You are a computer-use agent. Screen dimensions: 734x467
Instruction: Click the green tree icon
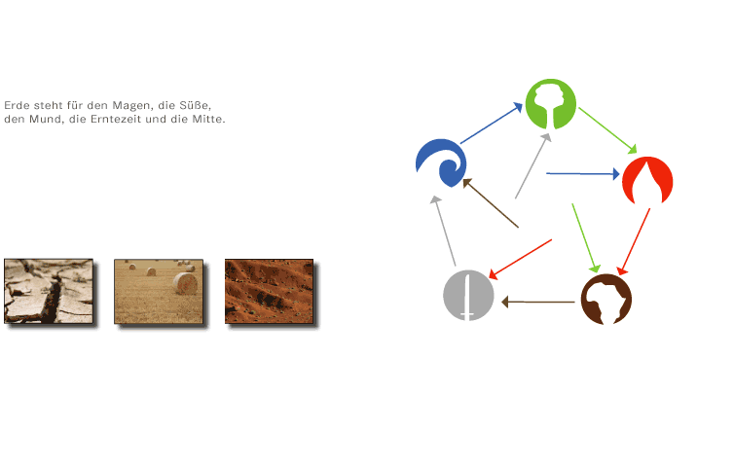coord(551,104)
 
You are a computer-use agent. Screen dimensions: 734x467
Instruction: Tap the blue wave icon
coord(441,162)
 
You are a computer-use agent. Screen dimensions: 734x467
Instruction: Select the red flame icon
coord(647,181)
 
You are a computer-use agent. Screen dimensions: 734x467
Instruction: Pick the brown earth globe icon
coord(606,300)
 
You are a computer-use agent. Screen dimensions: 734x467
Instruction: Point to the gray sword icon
coord(468,295)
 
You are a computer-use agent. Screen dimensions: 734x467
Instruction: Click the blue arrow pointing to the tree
coord(492,123)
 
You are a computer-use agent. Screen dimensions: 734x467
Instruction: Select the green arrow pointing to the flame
coord(608,130)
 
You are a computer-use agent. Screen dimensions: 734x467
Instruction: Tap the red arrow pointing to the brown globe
coord(635,241)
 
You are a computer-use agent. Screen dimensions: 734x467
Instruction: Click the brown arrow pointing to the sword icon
coord(538,302)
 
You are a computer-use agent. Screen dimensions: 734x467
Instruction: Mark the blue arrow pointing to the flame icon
coord(583,173)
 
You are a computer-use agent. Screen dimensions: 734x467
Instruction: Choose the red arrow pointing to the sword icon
coord(520,259)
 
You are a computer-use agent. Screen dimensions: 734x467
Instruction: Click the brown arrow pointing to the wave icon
coord(491,203)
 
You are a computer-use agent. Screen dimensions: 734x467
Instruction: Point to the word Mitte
coord(208,119)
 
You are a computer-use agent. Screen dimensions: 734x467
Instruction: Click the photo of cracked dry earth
coord(49,291)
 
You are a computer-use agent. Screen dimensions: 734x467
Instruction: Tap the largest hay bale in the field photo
coord(185,283)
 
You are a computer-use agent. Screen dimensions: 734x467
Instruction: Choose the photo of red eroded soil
coord(269,291)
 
